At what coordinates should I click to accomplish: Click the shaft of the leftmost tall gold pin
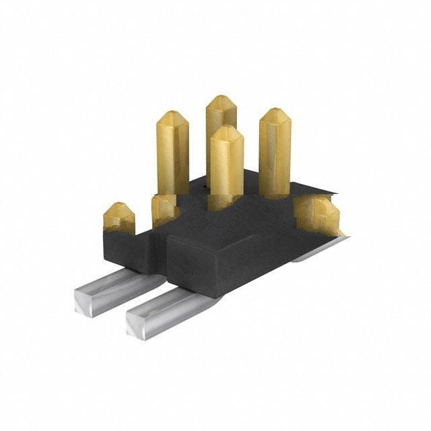point(172,158)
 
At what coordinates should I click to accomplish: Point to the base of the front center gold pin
point(226,201)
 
